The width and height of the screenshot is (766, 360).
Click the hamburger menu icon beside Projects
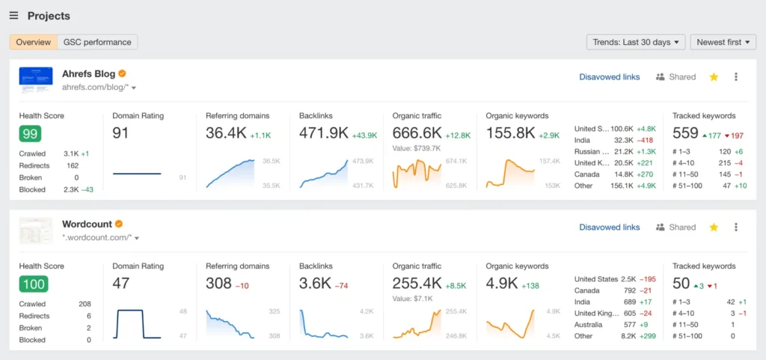(x=13, y=16)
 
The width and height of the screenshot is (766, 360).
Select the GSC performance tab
(x=97, y=43)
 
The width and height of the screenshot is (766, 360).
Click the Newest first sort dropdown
(x=723, y=43)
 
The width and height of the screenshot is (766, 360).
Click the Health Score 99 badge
(x=30, y=134)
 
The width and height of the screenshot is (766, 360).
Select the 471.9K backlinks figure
(x=324, y=133)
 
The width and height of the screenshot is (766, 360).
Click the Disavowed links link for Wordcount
(x=609, y=228)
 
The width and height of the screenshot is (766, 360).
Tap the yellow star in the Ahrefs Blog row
(x=714, y=77)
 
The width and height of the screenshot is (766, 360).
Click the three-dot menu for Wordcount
(x=736, y=228)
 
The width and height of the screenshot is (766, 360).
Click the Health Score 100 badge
(x=33, y=284)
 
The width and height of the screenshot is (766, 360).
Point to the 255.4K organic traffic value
(x=417, y=284)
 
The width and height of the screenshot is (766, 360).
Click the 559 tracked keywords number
(x=685, y=133)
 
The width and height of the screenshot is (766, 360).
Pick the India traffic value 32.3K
(x=623, y=140)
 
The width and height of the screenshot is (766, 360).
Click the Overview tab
(x=33, y=43)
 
